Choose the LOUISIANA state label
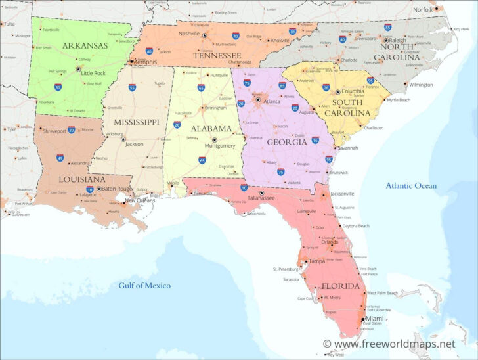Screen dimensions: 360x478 coord(63,179)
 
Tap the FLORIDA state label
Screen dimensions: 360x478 coord(339,286)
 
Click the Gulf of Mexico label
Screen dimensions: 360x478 coord(144,286)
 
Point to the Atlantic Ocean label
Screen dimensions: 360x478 coord(410,186)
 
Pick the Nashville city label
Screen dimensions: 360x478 coord(189,34)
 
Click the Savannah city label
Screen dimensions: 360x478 coord(348,148)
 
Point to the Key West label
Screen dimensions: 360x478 coord(336,355)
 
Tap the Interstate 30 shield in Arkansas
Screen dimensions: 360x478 coord(58,87)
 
